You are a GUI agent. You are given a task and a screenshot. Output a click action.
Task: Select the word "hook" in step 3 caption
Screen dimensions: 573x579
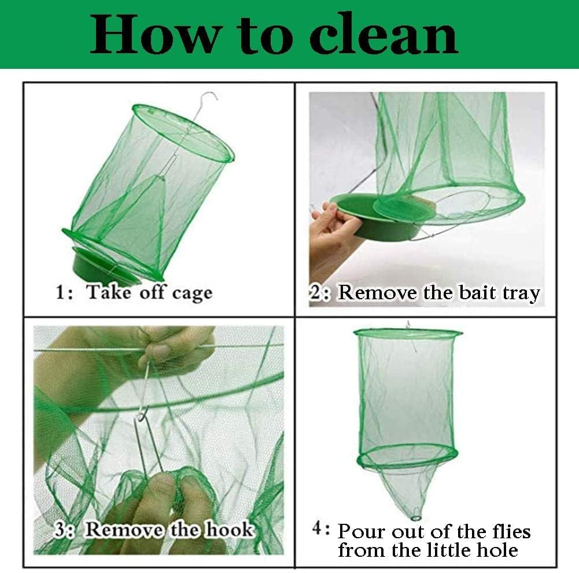coord(229,529)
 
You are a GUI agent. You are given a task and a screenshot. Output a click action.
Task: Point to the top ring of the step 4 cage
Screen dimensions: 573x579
coord(408,333)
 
